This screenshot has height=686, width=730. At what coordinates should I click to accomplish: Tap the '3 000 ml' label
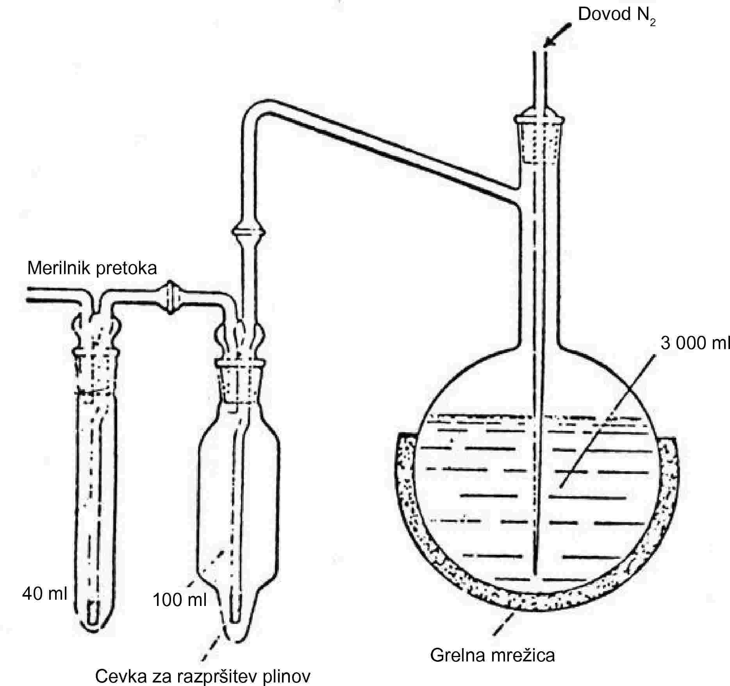(x=694, y=343)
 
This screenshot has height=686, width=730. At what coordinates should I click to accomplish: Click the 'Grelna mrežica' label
(x=492, y=655)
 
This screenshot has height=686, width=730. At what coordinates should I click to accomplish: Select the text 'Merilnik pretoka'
(x=92, y=268)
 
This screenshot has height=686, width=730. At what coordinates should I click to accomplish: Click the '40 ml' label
(x=45, y=594)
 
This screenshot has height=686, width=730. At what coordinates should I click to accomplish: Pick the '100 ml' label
(x=179, y=600)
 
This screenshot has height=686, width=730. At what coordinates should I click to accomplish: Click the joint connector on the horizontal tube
(x=170, y=297)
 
